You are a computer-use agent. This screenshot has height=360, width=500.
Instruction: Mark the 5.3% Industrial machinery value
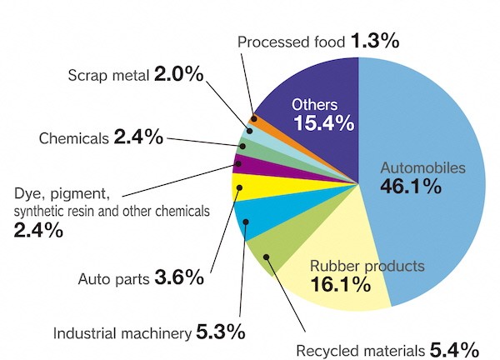click(x=221, y=332)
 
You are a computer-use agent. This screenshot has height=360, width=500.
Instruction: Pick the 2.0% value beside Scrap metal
click(x=178, y=75)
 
